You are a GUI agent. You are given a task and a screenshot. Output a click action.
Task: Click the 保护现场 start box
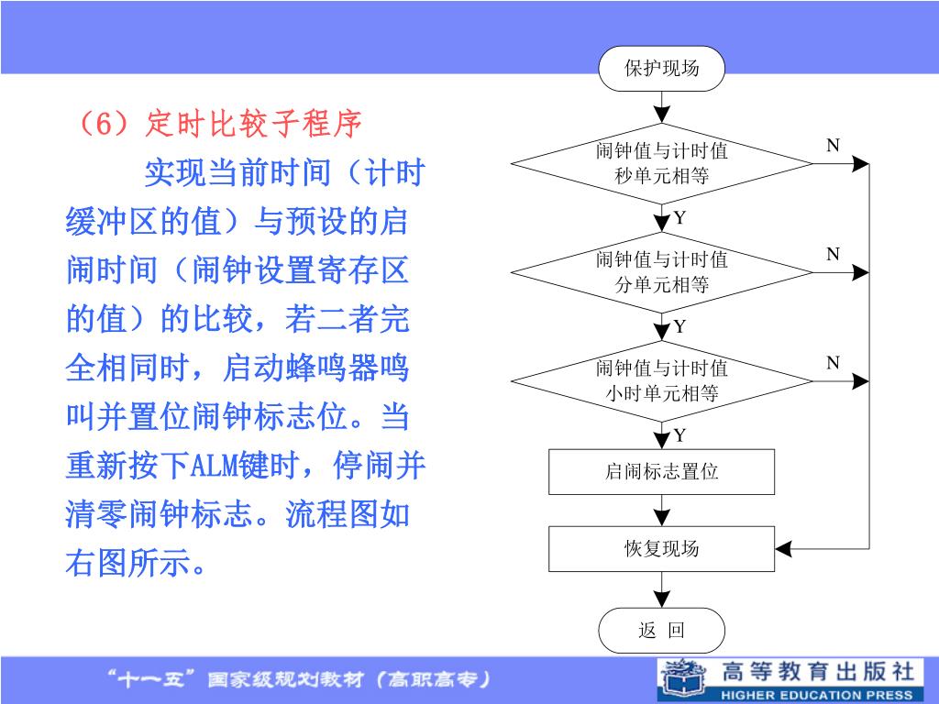pyautogui.click(x=661, y=69)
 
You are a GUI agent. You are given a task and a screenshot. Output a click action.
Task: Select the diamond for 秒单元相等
pyautogui.click(x=661, y=163)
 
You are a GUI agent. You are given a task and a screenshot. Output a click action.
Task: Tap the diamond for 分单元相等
pyautogui.click(x=661, y=272)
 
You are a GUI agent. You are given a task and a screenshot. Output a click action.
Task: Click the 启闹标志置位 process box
pyautogui.click(x=661, y=472)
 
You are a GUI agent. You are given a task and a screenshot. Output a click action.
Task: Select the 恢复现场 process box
pyautogui.click(x=661, y=549)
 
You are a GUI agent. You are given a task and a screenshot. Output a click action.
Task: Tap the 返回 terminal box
pyautogui.click(x=661, y=631)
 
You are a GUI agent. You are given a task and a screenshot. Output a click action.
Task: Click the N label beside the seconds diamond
pyautogui.click(x=833, y=146)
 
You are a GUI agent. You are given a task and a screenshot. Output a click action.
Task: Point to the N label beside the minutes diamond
pyautogui.click(x=833, y=254)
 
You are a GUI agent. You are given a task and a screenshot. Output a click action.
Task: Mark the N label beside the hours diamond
pyautogui.click(x=833, y=363)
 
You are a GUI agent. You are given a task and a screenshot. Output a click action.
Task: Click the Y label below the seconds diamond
pyautogui.click(x=679, y=218)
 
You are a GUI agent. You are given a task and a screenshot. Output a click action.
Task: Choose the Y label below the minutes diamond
pyautogui.click(x=679, y=327)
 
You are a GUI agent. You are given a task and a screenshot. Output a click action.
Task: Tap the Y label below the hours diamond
pyautogui.click(x=679, y=434)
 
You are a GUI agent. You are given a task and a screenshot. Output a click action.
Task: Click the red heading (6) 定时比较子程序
pyautogui.click(x=215, y=124)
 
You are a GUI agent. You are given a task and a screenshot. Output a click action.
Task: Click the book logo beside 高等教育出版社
pyautogui.click(x=684, y=678)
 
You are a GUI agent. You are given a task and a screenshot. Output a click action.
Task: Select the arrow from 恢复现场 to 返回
pyautogui.click(x=661, y=588)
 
